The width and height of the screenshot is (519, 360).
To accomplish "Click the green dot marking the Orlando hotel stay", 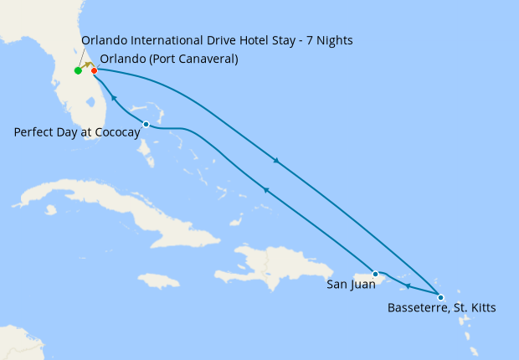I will tap(78, 70).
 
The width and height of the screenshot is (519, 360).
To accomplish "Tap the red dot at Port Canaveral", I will tap(94, 70).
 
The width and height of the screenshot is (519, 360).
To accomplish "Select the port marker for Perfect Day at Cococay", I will tap(146, 124).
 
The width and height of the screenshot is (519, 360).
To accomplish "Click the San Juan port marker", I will tap(375, 274).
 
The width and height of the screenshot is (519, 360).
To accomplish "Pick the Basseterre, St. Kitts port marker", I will tap(440, 296).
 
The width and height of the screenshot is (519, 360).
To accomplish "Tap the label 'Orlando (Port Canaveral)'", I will tap(168, 59).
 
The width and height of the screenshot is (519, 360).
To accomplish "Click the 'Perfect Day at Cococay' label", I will tap(76, 132).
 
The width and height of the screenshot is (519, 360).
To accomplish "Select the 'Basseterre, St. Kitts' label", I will tap(441, 308).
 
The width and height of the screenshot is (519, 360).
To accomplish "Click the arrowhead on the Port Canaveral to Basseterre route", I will tap(276, 160).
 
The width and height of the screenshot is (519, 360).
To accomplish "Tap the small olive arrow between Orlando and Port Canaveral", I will tap(86, 64).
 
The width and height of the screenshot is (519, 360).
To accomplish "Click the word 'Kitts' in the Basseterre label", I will tap(480, 308).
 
